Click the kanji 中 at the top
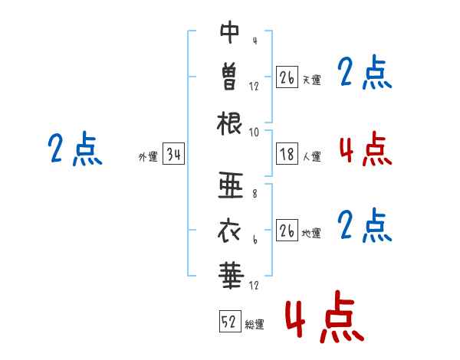tap(229, 32)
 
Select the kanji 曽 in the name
tap(229, 77)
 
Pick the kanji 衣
tap(229, 231)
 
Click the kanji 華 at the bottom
tap(231, 275)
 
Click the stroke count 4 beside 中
tap(255, 41)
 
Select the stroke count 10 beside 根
tap(254, 133)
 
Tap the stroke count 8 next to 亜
tap(255, 194)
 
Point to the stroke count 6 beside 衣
tap(255, 240)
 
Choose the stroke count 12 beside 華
tap(254, 285)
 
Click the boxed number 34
tap(173, 153)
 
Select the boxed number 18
tap(287, 153)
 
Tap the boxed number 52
tap(230, 321)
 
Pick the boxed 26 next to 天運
tap(287, 77)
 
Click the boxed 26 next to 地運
tap(287, 230)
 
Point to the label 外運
tap(148, 157)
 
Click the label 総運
tap(255, 325)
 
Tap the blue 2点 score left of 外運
tap(75, 149)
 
